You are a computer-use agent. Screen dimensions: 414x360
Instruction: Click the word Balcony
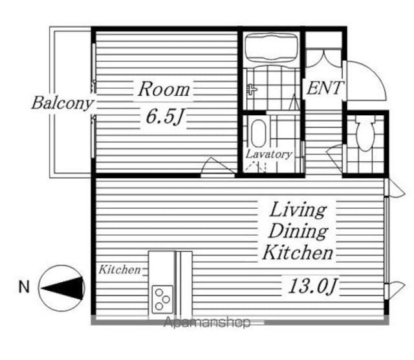(x=62, y=103)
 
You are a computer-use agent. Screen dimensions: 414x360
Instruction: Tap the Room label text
(x=164, y=89)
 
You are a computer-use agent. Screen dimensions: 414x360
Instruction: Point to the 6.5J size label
(x=164, y=117)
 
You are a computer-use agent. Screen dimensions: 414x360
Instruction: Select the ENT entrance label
(x=325, y=88)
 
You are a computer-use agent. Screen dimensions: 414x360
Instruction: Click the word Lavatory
(x=269, y=154)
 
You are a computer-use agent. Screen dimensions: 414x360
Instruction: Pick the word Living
(x=298, y=210)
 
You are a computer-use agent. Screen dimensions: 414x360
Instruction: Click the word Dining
(x=298, y=231)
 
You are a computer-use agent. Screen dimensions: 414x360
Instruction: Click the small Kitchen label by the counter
(x=120, y=270)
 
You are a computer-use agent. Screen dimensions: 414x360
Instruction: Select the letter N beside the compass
(x=24, y=287)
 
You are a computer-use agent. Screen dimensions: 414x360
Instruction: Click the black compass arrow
(x=63, y=288)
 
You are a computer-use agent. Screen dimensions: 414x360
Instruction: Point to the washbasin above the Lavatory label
(x=258, y=133)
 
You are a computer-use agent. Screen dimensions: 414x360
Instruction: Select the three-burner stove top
(x=162, y=300)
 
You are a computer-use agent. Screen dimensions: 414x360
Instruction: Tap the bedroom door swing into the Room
(x=217, y=166)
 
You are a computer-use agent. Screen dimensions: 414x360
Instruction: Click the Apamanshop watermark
(x=207, y=322)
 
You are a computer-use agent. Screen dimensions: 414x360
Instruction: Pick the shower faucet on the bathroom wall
(x=252, y=89)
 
